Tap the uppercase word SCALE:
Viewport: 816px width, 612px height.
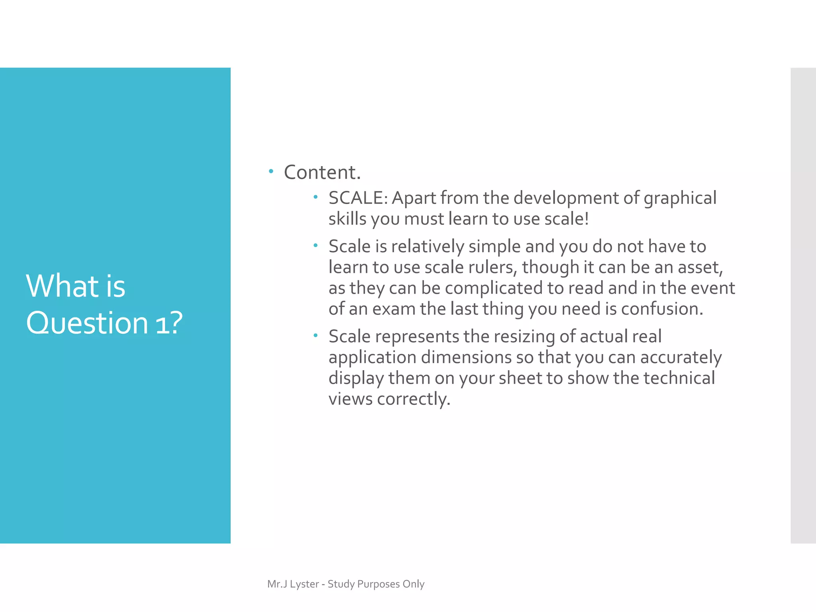pos(358,198)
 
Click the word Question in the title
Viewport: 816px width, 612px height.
pos(87,323)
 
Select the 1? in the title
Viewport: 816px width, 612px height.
pos(169,323)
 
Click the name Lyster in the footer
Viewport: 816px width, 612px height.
pos(304,584)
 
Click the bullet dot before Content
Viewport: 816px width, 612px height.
pos(271,172)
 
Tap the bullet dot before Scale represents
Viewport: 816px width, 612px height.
pos(315,336)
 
